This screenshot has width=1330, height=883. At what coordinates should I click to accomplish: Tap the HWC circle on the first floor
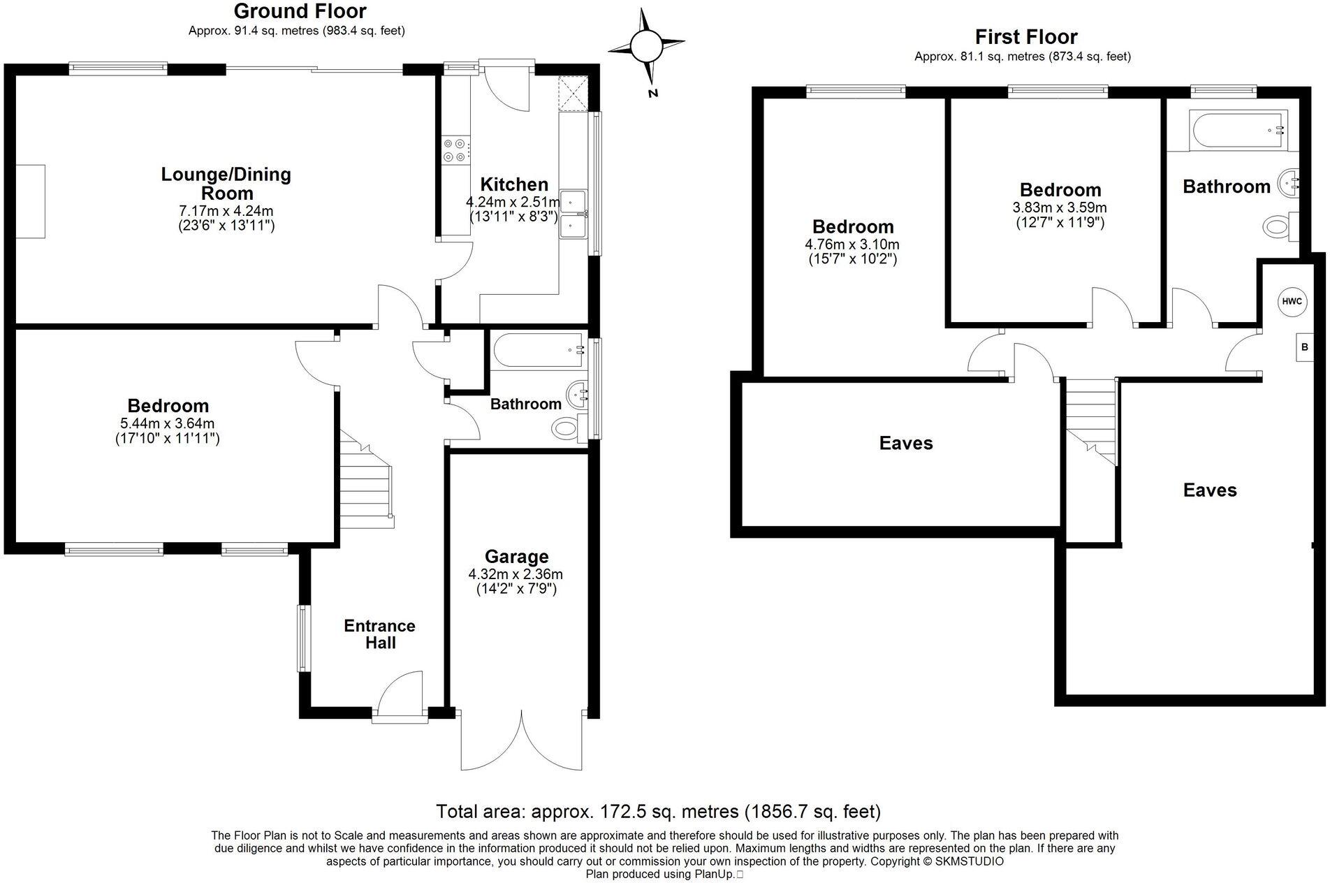(1292, 302)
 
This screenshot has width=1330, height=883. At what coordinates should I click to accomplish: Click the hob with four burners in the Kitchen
(455, 151)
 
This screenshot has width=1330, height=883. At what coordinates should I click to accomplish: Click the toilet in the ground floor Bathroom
(565, 427)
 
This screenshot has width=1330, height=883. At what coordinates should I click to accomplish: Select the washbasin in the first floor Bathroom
(1287, 184)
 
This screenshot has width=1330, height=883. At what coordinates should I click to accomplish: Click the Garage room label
(517, 557)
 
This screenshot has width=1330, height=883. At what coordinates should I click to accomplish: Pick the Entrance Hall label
(379, 634)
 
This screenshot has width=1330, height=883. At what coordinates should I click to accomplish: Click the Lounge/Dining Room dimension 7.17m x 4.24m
(226, 210)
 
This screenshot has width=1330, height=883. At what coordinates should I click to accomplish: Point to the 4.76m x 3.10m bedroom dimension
(852, 245)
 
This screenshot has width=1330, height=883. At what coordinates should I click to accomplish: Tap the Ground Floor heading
(300, 11)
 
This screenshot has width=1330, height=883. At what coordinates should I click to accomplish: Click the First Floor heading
(1025, 36)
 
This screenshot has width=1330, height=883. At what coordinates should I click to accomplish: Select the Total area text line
(658, 811)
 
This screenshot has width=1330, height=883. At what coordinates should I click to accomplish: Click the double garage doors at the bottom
(521, 740)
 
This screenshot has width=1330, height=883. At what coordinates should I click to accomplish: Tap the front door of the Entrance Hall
(400, 699)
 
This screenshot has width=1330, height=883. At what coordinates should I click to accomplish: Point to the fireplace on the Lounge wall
(31, 201)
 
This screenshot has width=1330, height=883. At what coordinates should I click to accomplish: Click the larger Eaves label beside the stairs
(1209, 490)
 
